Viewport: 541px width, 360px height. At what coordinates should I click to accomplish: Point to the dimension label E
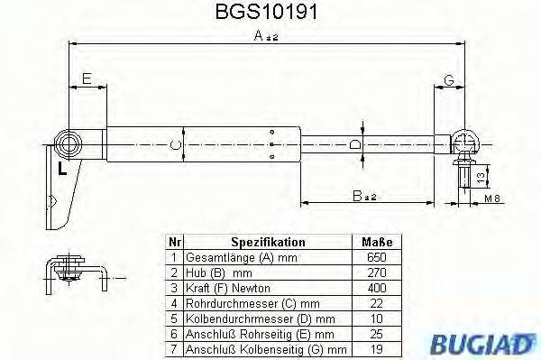coord(87,80)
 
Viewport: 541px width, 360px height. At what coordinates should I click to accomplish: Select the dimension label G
coord(448,80)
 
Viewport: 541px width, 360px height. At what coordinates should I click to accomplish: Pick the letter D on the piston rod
coord(355,143)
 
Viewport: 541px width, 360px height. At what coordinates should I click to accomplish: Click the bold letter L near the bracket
coord(60,169)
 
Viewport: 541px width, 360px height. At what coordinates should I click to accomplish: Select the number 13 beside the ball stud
coord(481,172)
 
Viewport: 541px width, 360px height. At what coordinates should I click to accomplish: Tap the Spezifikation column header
coord(268,243)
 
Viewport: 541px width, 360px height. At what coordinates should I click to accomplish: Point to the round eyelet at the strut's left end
coord(69,144)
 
